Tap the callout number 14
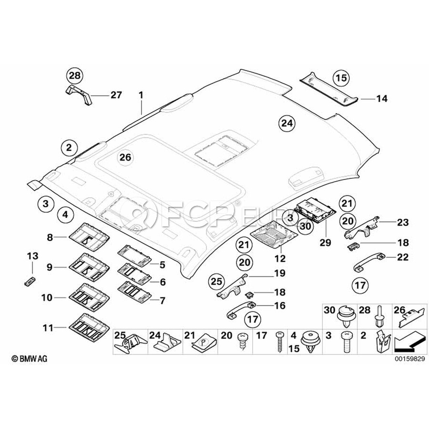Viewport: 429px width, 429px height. pos(382,99)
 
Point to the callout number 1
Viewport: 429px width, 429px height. pos(141,95)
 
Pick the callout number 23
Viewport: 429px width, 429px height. pos(403,222)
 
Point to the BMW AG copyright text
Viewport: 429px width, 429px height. pos(30,358)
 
